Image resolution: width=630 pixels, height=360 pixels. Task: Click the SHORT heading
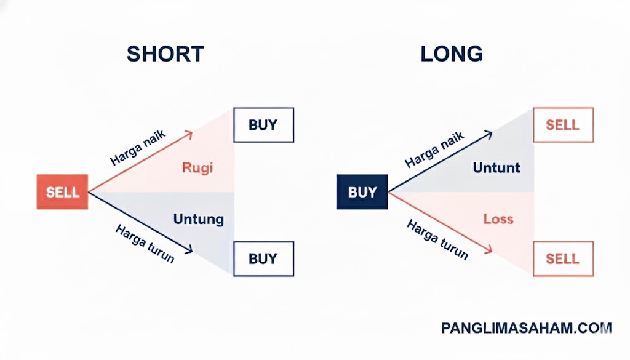click(x=165, y=54)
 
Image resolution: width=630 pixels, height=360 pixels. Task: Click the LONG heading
click(x=452, y=54)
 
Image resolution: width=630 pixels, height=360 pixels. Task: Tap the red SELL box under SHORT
click(x=63, y=192)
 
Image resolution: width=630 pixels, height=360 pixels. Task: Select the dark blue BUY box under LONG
click(x=362, y=192)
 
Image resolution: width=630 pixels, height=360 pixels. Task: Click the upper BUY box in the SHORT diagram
click(x=263, y=125)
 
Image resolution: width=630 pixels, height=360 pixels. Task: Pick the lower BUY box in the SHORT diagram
click(x=263, y=258)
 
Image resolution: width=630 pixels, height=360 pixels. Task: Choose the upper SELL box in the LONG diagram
click(x=563, y=125)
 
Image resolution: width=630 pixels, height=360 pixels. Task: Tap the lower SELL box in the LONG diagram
click(x=563, y=258)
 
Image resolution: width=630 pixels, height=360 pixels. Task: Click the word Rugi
click(x=197, y=167)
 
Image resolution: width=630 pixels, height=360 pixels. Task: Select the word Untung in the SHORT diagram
click(x=198, y=219)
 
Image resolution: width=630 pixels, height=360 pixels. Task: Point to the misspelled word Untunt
click(x=496, y=167)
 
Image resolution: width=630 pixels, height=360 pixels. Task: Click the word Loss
click(x=498, y=219)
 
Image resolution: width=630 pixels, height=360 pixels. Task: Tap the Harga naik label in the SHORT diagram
click(x=138, y=148)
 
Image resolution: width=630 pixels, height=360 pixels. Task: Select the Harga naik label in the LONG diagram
click(x=434, y=150)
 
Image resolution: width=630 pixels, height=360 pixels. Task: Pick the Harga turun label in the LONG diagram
click(x=437, y=239)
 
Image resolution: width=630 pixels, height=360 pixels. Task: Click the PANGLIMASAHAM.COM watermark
click(x=527, y=329)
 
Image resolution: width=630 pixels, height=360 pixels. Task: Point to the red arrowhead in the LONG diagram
click(x=488, y=249)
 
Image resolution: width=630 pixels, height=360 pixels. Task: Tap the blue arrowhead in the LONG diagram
click(x=488, y=134)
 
